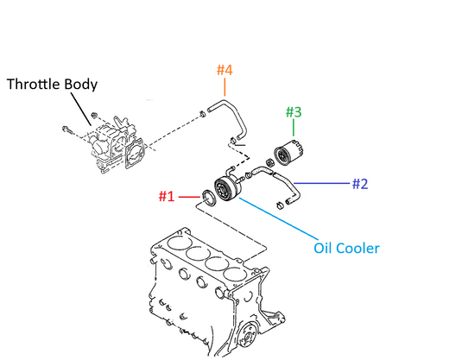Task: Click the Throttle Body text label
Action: (x=52, y=85)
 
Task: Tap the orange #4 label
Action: (x=225, y=70)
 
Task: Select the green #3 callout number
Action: (x=294, y=112)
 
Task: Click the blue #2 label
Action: (x=360, y=184)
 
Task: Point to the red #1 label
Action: (x=167, y=196)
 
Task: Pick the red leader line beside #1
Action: (x=189, y=197)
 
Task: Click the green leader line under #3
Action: (x=294, y=128)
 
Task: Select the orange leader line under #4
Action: (x=225, y=87)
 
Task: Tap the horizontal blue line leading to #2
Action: (x=322, y=184)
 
